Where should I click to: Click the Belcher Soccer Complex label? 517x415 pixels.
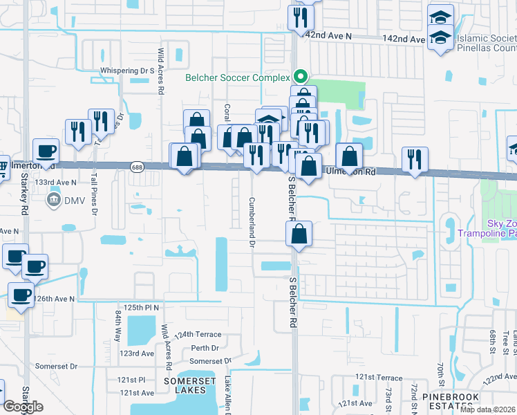click(236, 77)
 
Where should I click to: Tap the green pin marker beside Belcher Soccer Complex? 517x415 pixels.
click(300, 76)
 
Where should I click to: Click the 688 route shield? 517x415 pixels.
click(138, 166)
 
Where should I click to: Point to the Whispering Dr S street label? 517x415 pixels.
click(126, 71)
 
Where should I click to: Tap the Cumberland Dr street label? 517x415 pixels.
click(252, 221)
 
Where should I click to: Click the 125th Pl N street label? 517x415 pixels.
click(142, 306)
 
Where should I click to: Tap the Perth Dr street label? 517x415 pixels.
click(205, 348)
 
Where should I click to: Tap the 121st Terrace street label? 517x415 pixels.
click(379, 377)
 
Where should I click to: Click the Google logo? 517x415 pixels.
click(23, 407)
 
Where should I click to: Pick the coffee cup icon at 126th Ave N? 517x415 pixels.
click(21, 295)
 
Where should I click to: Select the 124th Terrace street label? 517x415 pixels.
click(194, 334)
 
